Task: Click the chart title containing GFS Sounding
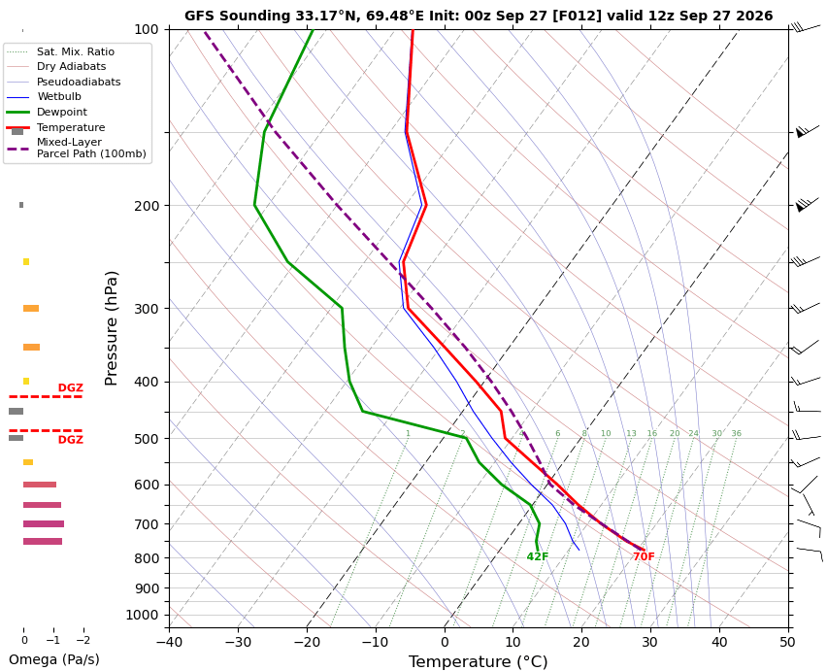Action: coord(479,16)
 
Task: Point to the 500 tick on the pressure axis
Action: coord(148,439)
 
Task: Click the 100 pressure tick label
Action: coord(148,29)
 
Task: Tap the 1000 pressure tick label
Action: coord(143,615)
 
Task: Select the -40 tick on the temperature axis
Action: coord(169,642)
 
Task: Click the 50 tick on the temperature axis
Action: coord(788,642)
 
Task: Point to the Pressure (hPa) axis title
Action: coord(111,328)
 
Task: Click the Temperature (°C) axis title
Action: coord(478,661)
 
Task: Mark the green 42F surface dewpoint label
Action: coord(538,556)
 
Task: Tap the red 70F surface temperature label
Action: coord(644,556)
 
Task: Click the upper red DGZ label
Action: coord(71,387)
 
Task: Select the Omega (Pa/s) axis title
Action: coord(53,659)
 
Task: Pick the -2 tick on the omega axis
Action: coord(83,640)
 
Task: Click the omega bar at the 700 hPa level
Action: coord(44,523)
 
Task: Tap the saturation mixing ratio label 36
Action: coord(737,434)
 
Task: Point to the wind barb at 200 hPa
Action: coord(807,204)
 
